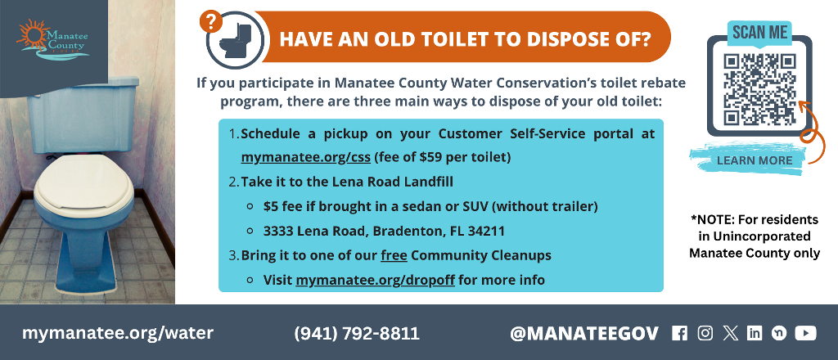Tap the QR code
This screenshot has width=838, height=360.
[759, 89]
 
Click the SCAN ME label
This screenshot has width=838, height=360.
[759, 33]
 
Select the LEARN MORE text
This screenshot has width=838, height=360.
[754, 160]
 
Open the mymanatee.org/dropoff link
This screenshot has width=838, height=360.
[375, 279]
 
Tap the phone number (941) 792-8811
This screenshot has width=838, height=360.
[356, 333]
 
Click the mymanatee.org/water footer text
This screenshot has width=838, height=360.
[118, 333]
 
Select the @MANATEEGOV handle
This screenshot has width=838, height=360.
[583, 333]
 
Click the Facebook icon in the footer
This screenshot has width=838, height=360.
[679, 333]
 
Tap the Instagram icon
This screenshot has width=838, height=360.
[705, 333]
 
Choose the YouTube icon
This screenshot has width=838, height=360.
[805, 333]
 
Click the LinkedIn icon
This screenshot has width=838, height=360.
[755, 333]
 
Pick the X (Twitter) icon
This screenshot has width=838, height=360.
[730, 333]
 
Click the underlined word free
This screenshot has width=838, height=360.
[394, 255]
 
